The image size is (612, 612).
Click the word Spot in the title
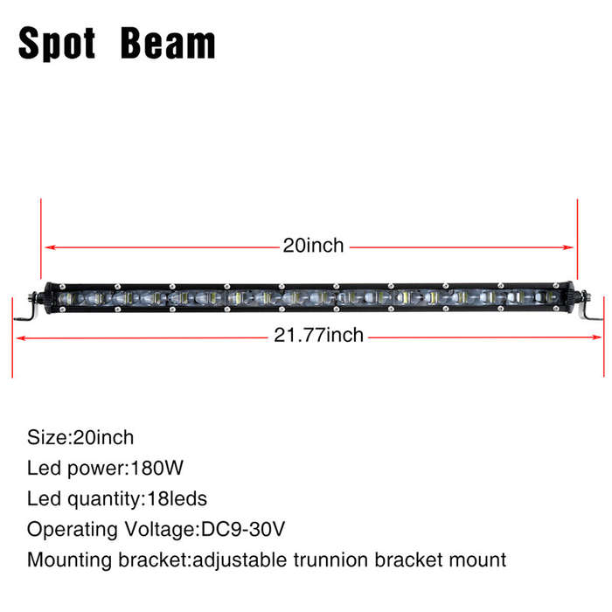pyautogui.click(x=57, y=44)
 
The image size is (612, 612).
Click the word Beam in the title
pyautogui.click(x=168, y=44)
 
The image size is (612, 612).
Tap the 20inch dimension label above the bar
pyautogui.click(x=313, y=246)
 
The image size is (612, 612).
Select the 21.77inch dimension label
pyautogui.click(x=318, y=335)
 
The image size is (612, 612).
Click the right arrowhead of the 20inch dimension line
pyautogui.click(x=568, y=247)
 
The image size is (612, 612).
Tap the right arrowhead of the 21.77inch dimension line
pyautogui.click(x=596, y=337)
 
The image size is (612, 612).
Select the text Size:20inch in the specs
pyautogui.click(x=80, y=437)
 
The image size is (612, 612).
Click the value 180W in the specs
pyautogui.click(x=156, y=468)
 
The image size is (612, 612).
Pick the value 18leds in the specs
pyautogui.click(x=177, y=499)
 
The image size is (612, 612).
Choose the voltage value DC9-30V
pyautogui.click(x=243, y=529)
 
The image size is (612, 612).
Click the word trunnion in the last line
pyautogui.click(x=330, y=560)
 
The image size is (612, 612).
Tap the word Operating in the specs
pyautogui.click(x=73, y=531)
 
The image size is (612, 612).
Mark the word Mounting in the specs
pyautogui.click(x=70, y=561)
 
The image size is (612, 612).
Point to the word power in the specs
pyautogui.click(x=95, y=469)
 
